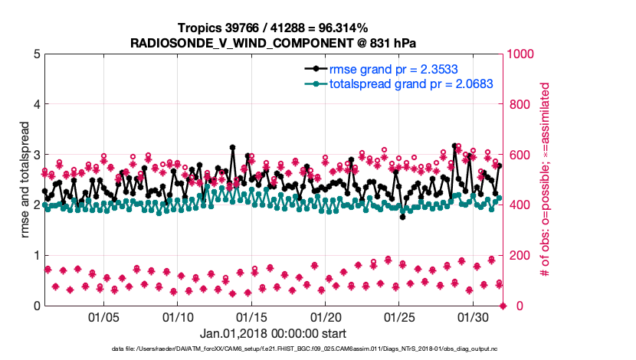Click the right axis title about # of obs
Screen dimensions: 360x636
(546, 180)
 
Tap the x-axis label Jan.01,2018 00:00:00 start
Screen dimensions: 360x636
(273, 334)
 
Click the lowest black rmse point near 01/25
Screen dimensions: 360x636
(402, 217)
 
